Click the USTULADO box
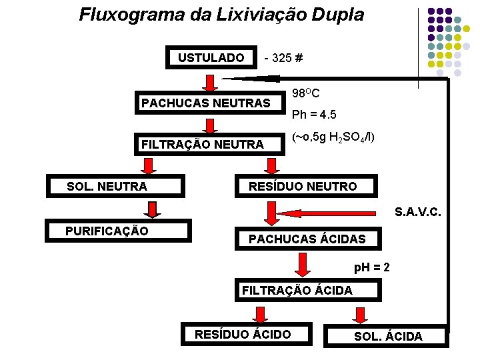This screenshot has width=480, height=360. [211, 58]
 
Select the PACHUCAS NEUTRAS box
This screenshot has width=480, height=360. [206, 103]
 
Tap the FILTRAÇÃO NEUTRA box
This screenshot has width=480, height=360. [203, 143]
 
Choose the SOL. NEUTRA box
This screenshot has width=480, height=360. [107, 187]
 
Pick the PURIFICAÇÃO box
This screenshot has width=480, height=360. [107, 231]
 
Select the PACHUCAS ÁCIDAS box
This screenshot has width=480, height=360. [307, 239]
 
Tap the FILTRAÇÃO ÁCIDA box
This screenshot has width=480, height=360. [297, 290]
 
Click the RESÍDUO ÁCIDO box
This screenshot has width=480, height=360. [243, 334]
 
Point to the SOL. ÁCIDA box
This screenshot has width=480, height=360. [388, 336]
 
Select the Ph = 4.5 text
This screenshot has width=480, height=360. [313, 115]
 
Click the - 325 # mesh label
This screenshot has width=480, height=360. [283, 58]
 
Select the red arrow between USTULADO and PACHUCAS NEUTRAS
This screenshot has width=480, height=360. [210, 82]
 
